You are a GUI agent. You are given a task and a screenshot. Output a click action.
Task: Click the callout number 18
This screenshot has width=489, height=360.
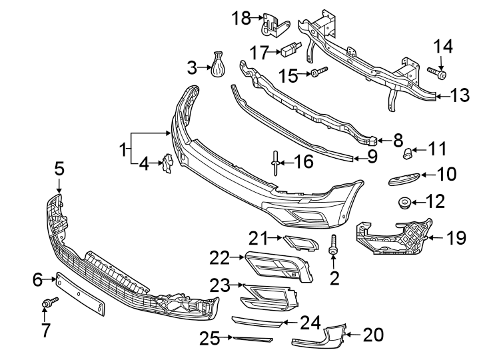[x=241, y=17]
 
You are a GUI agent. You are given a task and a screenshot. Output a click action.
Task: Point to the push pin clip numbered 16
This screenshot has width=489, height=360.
[x=274, y=161]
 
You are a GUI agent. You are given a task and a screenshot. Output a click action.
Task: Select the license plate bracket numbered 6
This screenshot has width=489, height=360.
[x=80, y=293]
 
